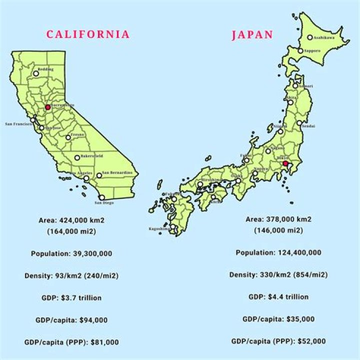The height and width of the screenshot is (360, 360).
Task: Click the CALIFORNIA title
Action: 88,34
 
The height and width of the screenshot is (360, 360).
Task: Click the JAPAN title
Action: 252,35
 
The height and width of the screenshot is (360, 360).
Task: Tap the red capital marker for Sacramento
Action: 47,107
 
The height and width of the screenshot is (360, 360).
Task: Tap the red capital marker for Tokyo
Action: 285,163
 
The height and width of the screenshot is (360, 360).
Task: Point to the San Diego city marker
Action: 102,197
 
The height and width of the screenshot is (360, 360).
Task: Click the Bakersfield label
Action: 91,156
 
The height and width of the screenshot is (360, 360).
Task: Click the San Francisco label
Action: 18,123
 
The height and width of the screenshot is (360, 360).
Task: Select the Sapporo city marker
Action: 300,50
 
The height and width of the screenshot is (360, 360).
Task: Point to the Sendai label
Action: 308,126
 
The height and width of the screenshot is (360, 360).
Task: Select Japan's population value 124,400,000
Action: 299,252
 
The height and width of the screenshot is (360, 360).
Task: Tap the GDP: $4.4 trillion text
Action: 278,296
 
